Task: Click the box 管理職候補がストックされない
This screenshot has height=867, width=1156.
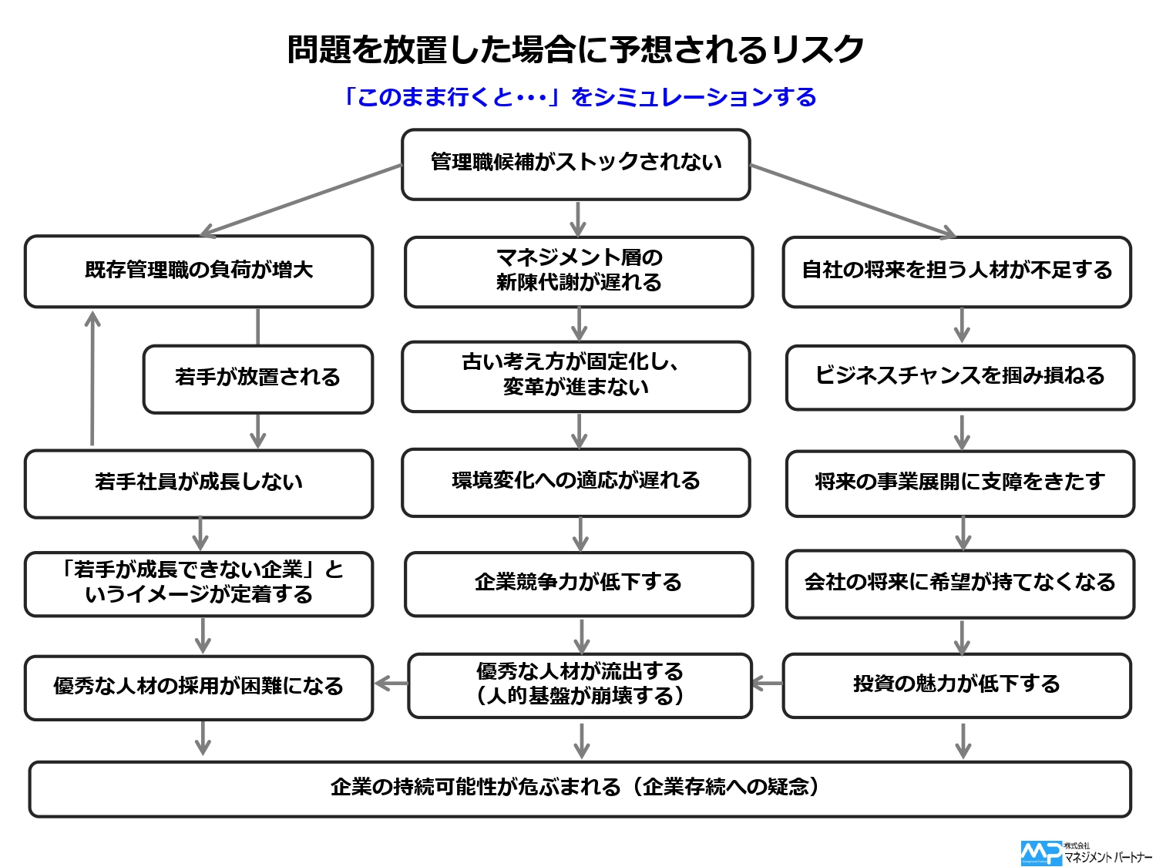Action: point(576,164)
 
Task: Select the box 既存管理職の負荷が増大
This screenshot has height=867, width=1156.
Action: point(199,271)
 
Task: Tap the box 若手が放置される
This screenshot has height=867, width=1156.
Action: point(257,379)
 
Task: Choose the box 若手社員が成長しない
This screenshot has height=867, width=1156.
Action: point(199,484)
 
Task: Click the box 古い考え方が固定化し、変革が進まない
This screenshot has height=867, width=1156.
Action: point(576,376)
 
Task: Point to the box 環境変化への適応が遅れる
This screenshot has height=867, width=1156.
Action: point(576,482)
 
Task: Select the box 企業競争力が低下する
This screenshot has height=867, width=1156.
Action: point(579,584)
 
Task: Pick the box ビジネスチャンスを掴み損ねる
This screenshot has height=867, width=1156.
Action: point(959,378)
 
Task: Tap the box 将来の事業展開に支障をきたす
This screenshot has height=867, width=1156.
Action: point(959,483)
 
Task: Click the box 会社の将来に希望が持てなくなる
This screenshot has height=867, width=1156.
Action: point(959,584)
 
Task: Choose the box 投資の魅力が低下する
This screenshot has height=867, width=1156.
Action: point(956,685)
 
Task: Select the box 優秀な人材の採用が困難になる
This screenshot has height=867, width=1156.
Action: point(199,687)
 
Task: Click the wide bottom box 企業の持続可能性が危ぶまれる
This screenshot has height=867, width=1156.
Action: point(580,789)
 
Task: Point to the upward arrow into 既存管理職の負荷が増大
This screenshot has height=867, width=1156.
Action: point(92,378)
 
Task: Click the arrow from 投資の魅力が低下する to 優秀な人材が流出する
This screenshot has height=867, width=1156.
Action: point(768,684)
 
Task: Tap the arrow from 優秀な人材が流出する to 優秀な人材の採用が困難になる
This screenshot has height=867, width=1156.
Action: point(391,684)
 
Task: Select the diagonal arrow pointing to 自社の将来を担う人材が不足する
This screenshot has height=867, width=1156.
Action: point(853,201)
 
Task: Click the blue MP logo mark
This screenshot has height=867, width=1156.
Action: point(1041,853)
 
